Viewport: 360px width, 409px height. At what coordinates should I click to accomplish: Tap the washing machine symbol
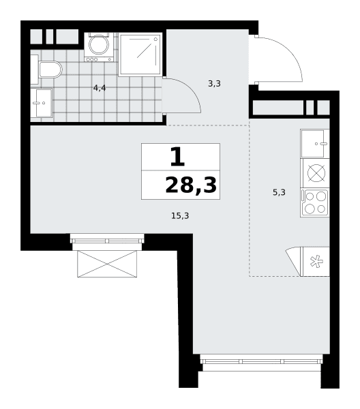[99, 47]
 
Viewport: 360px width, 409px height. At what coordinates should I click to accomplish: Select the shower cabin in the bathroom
[140, 55]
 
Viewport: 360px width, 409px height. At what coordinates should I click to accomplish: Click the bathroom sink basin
[42, 103]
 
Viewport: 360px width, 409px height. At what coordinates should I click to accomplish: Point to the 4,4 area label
[100, 88]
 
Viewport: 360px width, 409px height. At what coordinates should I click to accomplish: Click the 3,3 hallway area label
[215, 84]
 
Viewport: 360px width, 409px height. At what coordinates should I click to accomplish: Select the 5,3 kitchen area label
[279, 192]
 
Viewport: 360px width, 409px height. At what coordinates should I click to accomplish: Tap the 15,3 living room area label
[180, 215]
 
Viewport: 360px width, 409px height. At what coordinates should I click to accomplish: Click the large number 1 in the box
[178, 157]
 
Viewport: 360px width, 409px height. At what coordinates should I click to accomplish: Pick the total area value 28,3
[191, 185]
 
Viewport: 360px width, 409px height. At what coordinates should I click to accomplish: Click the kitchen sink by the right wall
[315, 143]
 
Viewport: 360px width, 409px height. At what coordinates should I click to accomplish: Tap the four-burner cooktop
[315, 202]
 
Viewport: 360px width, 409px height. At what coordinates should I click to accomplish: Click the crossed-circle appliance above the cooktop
[316, 173]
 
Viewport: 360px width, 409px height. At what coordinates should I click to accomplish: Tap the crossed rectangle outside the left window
[107, 264]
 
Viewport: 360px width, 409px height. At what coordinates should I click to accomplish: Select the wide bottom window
[261, 361]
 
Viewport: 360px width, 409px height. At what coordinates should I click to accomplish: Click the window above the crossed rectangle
[107, 240]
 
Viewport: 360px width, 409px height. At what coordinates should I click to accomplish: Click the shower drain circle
[156, 39]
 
